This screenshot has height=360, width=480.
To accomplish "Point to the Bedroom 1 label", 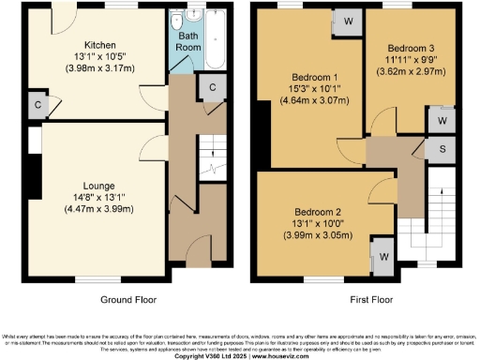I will click(305, 75).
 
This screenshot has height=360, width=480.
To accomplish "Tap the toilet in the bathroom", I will click(177, 19).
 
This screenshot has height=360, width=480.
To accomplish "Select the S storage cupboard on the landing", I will click(441, 149).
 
